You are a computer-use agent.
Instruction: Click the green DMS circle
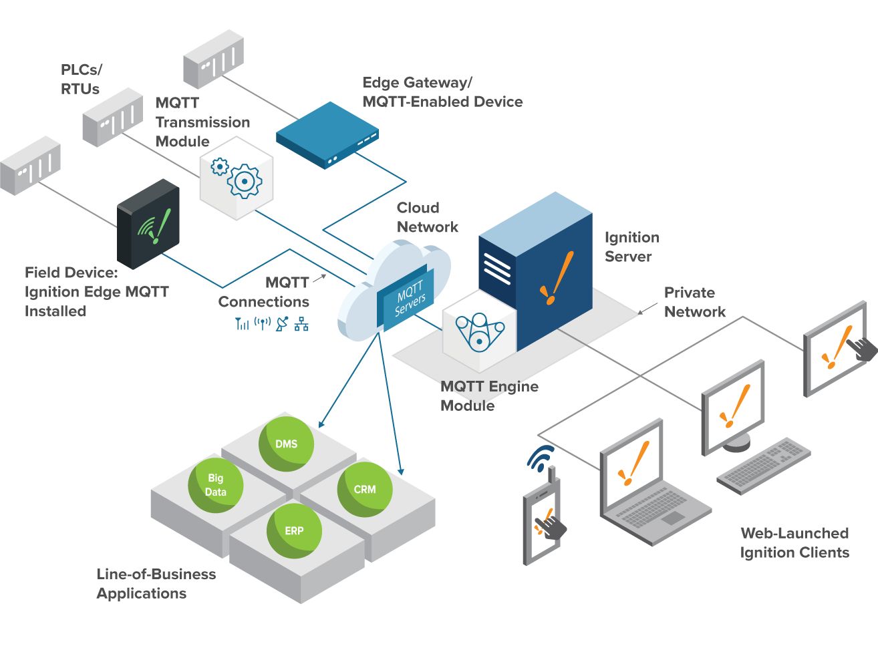click(x=286, y=444)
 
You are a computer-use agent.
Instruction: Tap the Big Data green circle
click(x=215, y=485)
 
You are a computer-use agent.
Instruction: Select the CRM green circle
click(x=365, y=489)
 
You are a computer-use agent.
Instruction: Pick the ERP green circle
click(x=294, y=530)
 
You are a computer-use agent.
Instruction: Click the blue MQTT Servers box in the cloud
click(x=406, y=299)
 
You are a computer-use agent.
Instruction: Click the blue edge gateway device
click(x=327, y=135)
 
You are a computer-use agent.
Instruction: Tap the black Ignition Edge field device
click(x=148, y=224)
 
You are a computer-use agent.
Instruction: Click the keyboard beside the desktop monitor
click(x=763, y=466)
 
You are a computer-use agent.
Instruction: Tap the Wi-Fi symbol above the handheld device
click(x=541, y=458)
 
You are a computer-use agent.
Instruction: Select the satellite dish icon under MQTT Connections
click(x=282, y=323)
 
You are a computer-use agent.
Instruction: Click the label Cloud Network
click(x=427, y=217)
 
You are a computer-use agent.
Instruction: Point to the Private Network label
click(x=694, y=302)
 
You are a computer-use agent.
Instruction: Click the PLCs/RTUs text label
click(x=81, y=79)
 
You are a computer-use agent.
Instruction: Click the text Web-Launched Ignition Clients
click(x=794, y=542)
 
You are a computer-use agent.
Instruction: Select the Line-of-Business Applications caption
click(x=156, y=583)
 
